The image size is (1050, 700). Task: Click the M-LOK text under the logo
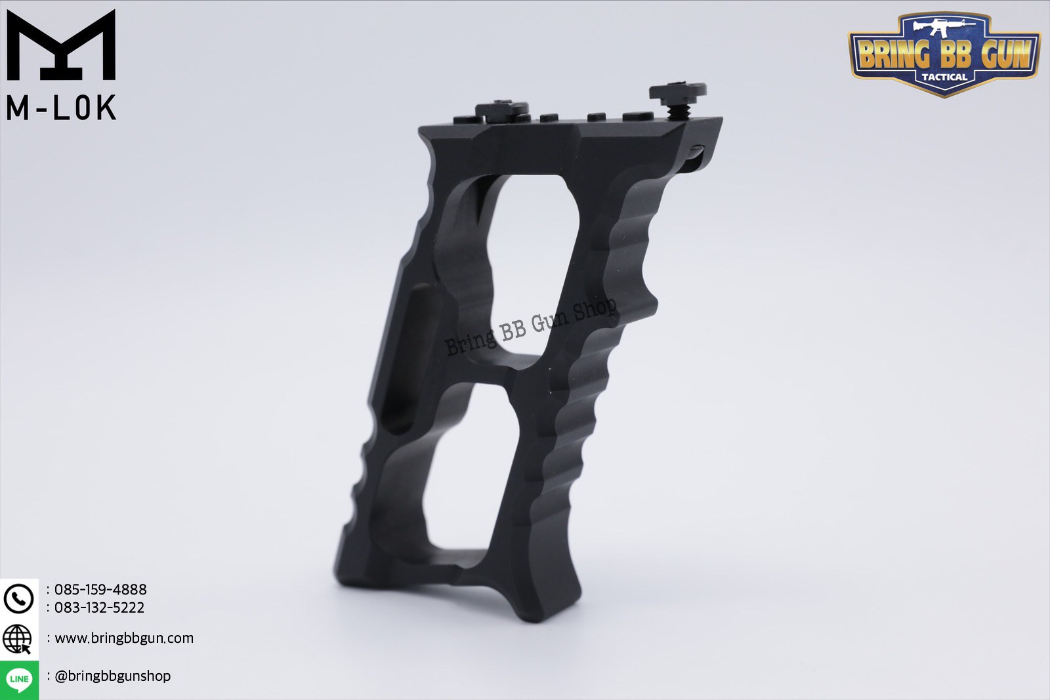click(x=61, y=108)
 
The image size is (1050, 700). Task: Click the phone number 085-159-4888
click(x=100, y=589)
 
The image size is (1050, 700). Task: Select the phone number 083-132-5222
click(x=99, y=607)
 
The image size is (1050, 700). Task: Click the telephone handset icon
click(x=18, y=598)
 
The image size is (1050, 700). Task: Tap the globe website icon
click(x=18, y=638)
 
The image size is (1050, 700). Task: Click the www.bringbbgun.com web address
click(x=124, y=638)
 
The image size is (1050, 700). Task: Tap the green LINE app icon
click(x=19, y=679)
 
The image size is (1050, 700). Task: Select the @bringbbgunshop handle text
click(x=112, y=676)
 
